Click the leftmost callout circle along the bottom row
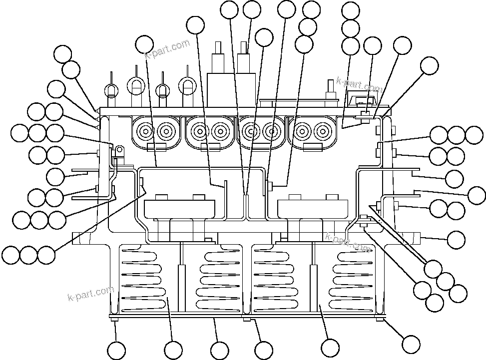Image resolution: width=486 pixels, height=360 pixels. (116, 350)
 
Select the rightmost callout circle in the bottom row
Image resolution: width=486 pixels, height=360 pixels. (411, 344)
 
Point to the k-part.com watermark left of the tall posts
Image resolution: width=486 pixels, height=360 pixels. (168, 48)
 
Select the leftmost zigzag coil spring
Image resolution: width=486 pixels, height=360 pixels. (142, 277)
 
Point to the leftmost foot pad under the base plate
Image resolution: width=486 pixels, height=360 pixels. (114, 320)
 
